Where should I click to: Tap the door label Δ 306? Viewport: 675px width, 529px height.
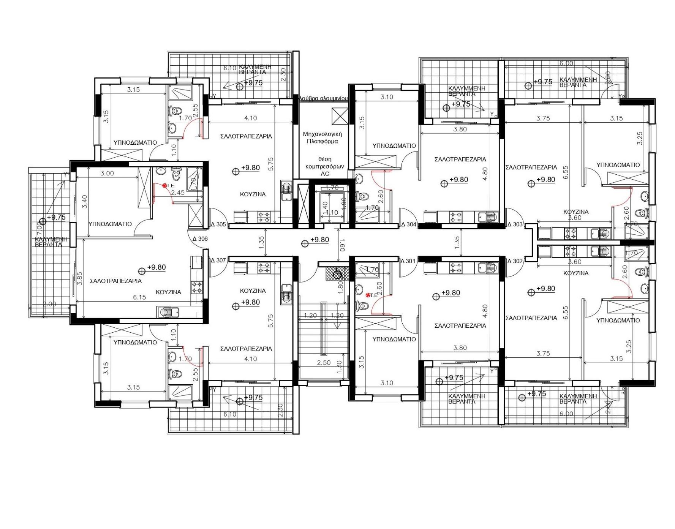click(x=200, y=239)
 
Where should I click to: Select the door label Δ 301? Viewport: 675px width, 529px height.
click(x=408, y=261)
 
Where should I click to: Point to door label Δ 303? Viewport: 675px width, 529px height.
click(x=515, y=224)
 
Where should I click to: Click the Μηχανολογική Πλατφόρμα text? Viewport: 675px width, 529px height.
click(x=322, y=137)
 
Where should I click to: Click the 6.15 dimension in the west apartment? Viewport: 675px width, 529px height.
click(x=139, y=297)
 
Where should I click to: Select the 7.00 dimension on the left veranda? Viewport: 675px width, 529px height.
click(x=38, y=229)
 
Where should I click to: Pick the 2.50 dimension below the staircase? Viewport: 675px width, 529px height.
click(x=324, y=363)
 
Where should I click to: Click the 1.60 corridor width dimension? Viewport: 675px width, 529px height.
click(x=342, y=245)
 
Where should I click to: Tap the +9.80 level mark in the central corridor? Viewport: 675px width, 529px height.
click(x=319, y=240)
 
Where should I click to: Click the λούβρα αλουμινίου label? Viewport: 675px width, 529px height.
click(x=323, y=98)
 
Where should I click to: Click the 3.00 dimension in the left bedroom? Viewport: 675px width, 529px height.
click(x=107, y=173)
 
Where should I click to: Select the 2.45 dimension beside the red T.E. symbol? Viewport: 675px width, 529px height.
click(x=177, y=193)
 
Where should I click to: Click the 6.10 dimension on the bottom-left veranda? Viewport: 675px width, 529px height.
click(x=230, y=414)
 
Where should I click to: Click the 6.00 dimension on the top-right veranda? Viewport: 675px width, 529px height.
click(x=566, y=63)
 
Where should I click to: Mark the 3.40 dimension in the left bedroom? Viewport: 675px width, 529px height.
click(x=84, y=201)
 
